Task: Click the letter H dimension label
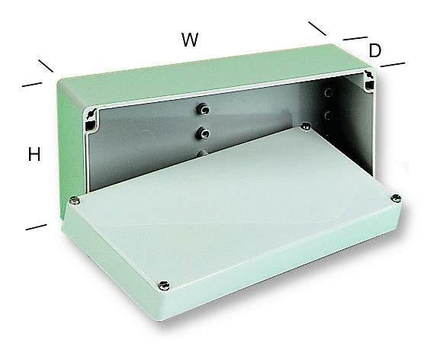pos(34,154)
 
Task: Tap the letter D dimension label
pos(374,51)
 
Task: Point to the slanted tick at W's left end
pos(46,66)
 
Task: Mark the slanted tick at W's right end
pos(317,28)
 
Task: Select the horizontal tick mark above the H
pos(31,84)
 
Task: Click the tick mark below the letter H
pos(35,227)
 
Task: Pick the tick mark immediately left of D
pos(355,37)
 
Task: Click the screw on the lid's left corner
pos(74,201)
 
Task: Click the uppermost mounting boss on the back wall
pos(204,108)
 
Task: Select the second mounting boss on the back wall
pos(204,133)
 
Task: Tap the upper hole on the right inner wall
pos(329,93)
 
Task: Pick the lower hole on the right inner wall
pos(329,116)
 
